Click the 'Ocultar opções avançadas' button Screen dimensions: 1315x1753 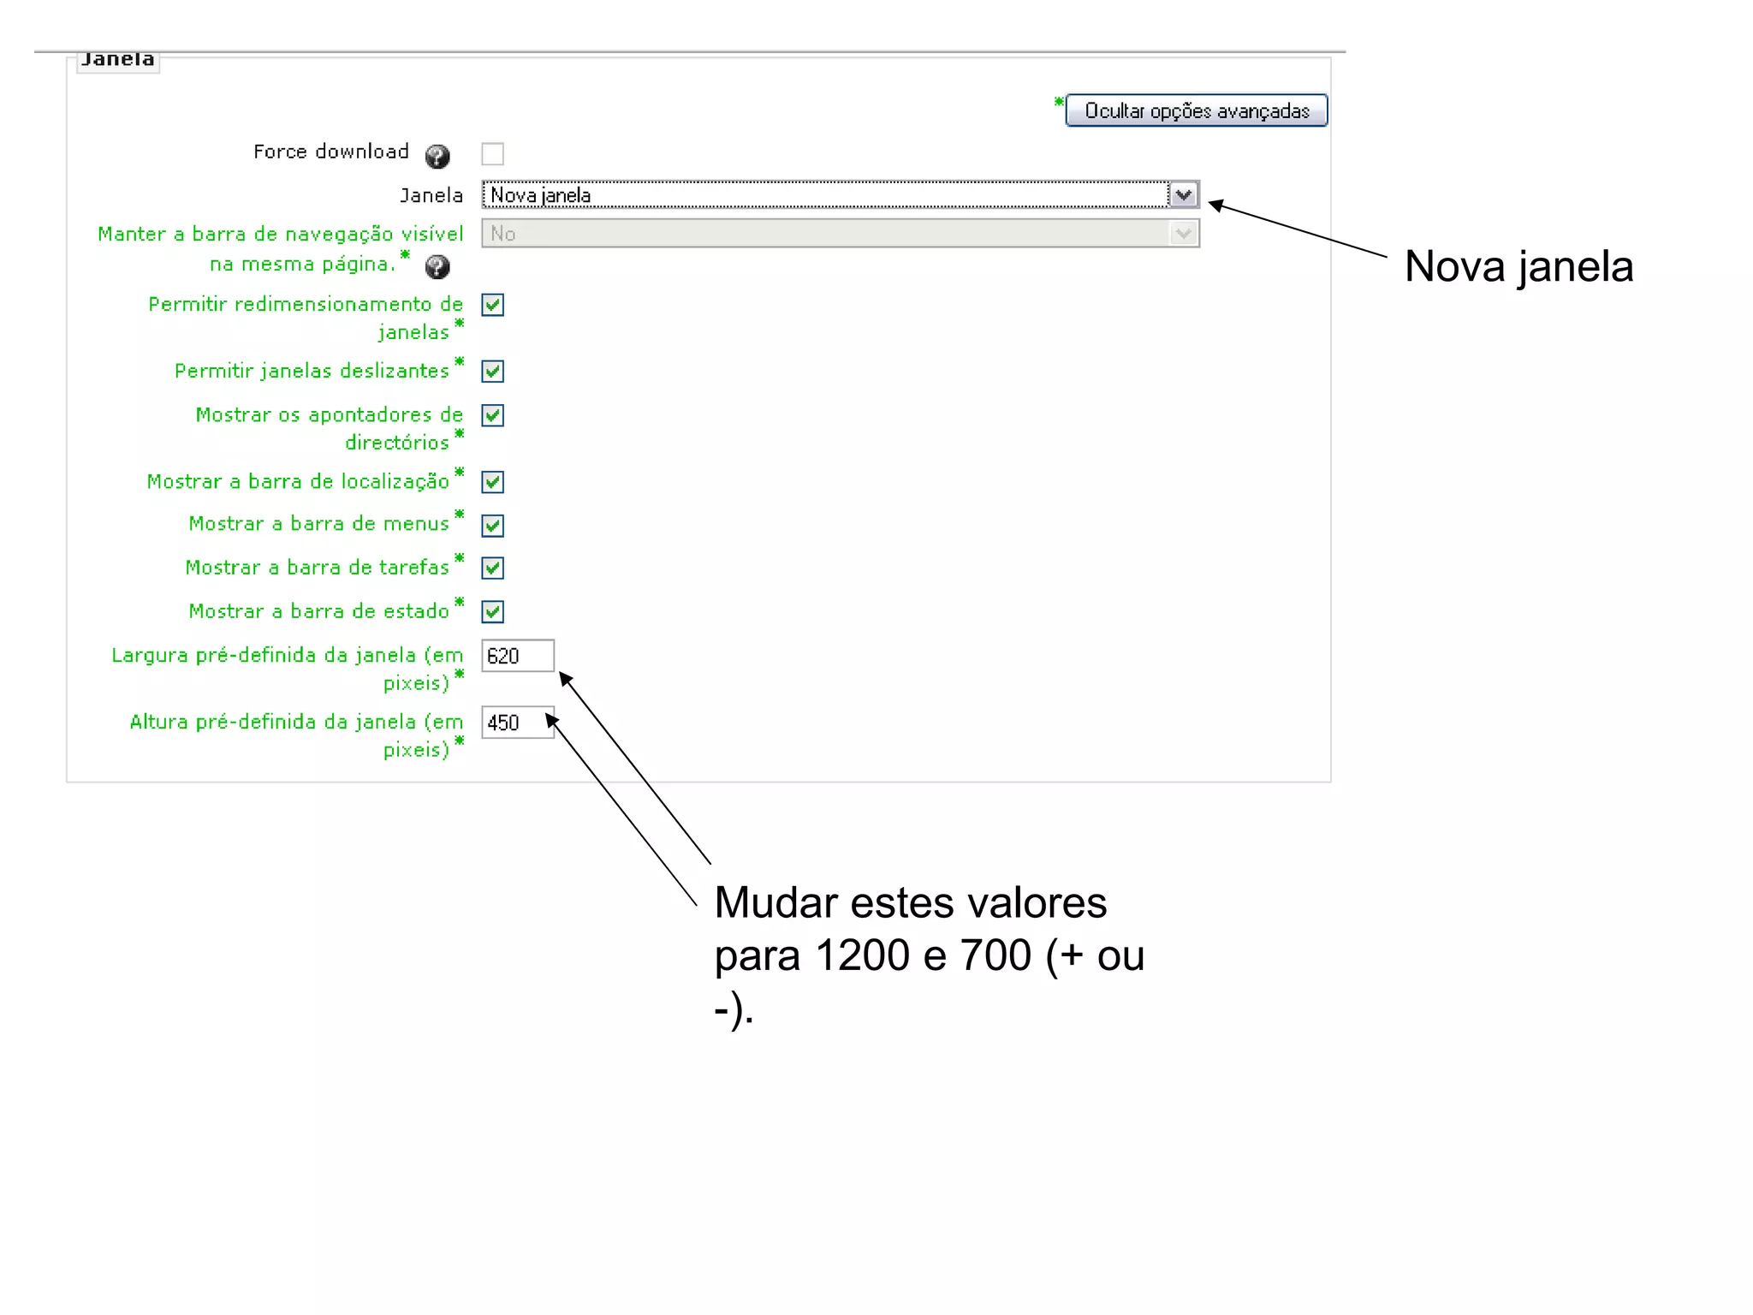click(1196, 110)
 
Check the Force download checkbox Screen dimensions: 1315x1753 click(492, 154)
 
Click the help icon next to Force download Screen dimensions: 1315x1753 click(437, 157)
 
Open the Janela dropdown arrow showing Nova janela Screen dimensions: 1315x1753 click(1183, 195)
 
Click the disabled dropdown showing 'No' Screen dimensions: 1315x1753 click(840, 234)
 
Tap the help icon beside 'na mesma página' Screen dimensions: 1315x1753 click(437, 267)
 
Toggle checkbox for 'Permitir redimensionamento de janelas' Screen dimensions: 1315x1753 click(492, 305)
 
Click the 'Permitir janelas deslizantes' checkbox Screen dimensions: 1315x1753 click(492, 372)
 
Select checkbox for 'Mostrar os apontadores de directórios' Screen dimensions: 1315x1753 click(492, 416)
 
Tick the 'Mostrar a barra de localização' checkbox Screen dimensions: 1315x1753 click(492, 482)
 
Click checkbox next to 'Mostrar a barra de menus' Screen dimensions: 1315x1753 click(492, 526)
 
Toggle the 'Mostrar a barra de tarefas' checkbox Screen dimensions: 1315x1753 click(492, 568)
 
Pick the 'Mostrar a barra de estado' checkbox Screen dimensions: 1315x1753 click(492, 612)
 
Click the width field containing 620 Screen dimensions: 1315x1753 click(517, 657)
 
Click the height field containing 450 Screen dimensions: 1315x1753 click(517, 723)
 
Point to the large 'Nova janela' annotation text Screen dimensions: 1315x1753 click(1518, 266)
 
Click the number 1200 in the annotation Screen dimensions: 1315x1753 click(862, 955)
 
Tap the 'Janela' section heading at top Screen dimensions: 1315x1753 click(118, 60)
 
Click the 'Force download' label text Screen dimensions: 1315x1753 click(331, 152)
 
